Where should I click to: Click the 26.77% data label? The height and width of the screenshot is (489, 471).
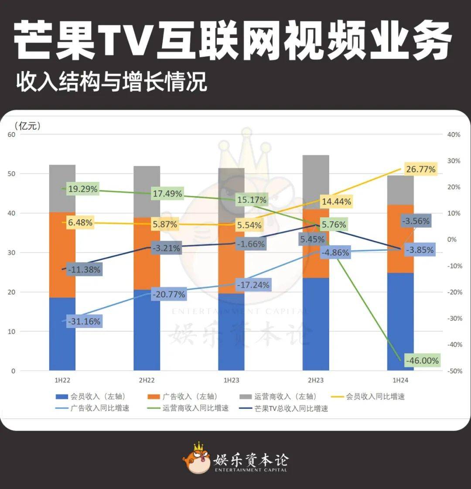pyautogui.click(x=420, y=169)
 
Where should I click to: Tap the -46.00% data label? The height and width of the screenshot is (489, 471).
pyautogui.click(x=422, y=361)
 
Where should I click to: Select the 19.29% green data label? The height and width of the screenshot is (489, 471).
pyautogui.click(x=82, y=189)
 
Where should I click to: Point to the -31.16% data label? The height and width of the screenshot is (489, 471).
pyautogui.click(x=85, y=321)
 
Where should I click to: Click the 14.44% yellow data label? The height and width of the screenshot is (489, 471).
pyautogui.click(x=336, y=202)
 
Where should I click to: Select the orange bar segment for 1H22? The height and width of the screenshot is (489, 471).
pyautogui.click(x=62, y=255)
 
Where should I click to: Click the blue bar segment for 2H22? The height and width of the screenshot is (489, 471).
pyautogui.click(x=147, y=330)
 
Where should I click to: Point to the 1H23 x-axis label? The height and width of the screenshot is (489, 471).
pyautogui.click(x=231, y=380)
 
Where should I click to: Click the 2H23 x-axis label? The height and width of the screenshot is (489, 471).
pyautogui.click(x=316, y=380)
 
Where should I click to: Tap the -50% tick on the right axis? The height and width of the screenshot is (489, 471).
pyautogui.click(x=454, y=371)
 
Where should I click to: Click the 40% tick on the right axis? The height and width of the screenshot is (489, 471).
pyautogui.click(x=454, y=135)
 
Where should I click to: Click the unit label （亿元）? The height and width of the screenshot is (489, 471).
pyautogui.click(x=27, y=126)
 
